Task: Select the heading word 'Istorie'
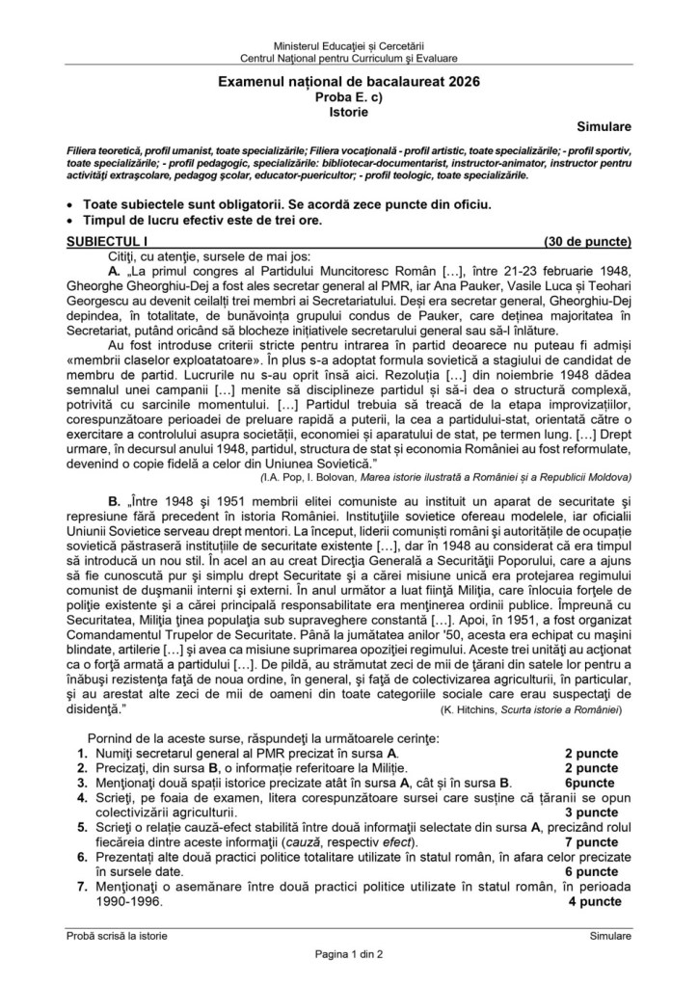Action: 348,112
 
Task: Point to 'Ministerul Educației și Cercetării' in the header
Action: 348,46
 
